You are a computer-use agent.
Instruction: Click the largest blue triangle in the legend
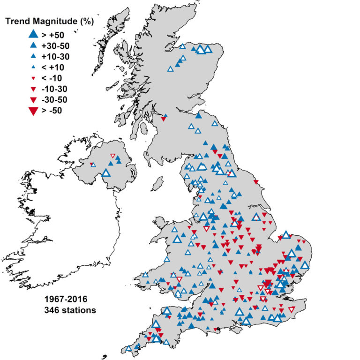click(x=33, y=34)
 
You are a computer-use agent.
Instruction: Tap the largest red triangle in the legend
click(x=33, y=111)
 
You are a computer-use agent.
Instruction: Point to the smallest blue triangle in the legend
click(x=33, y=67)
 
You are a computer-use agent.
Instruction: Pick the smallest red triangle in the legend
click(x=33, y=78)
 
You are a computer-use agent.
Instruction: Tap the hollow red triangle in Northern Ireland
click(x=112, y=156)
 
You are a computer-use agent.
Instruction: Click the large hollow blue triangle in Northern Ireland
click(x=105, y=173)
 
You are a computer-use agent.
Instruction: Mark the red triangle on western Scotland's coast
click(x=163, y=119)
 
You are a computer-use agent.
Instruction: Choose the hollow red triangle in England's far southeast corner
click(x=292, y=309)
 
